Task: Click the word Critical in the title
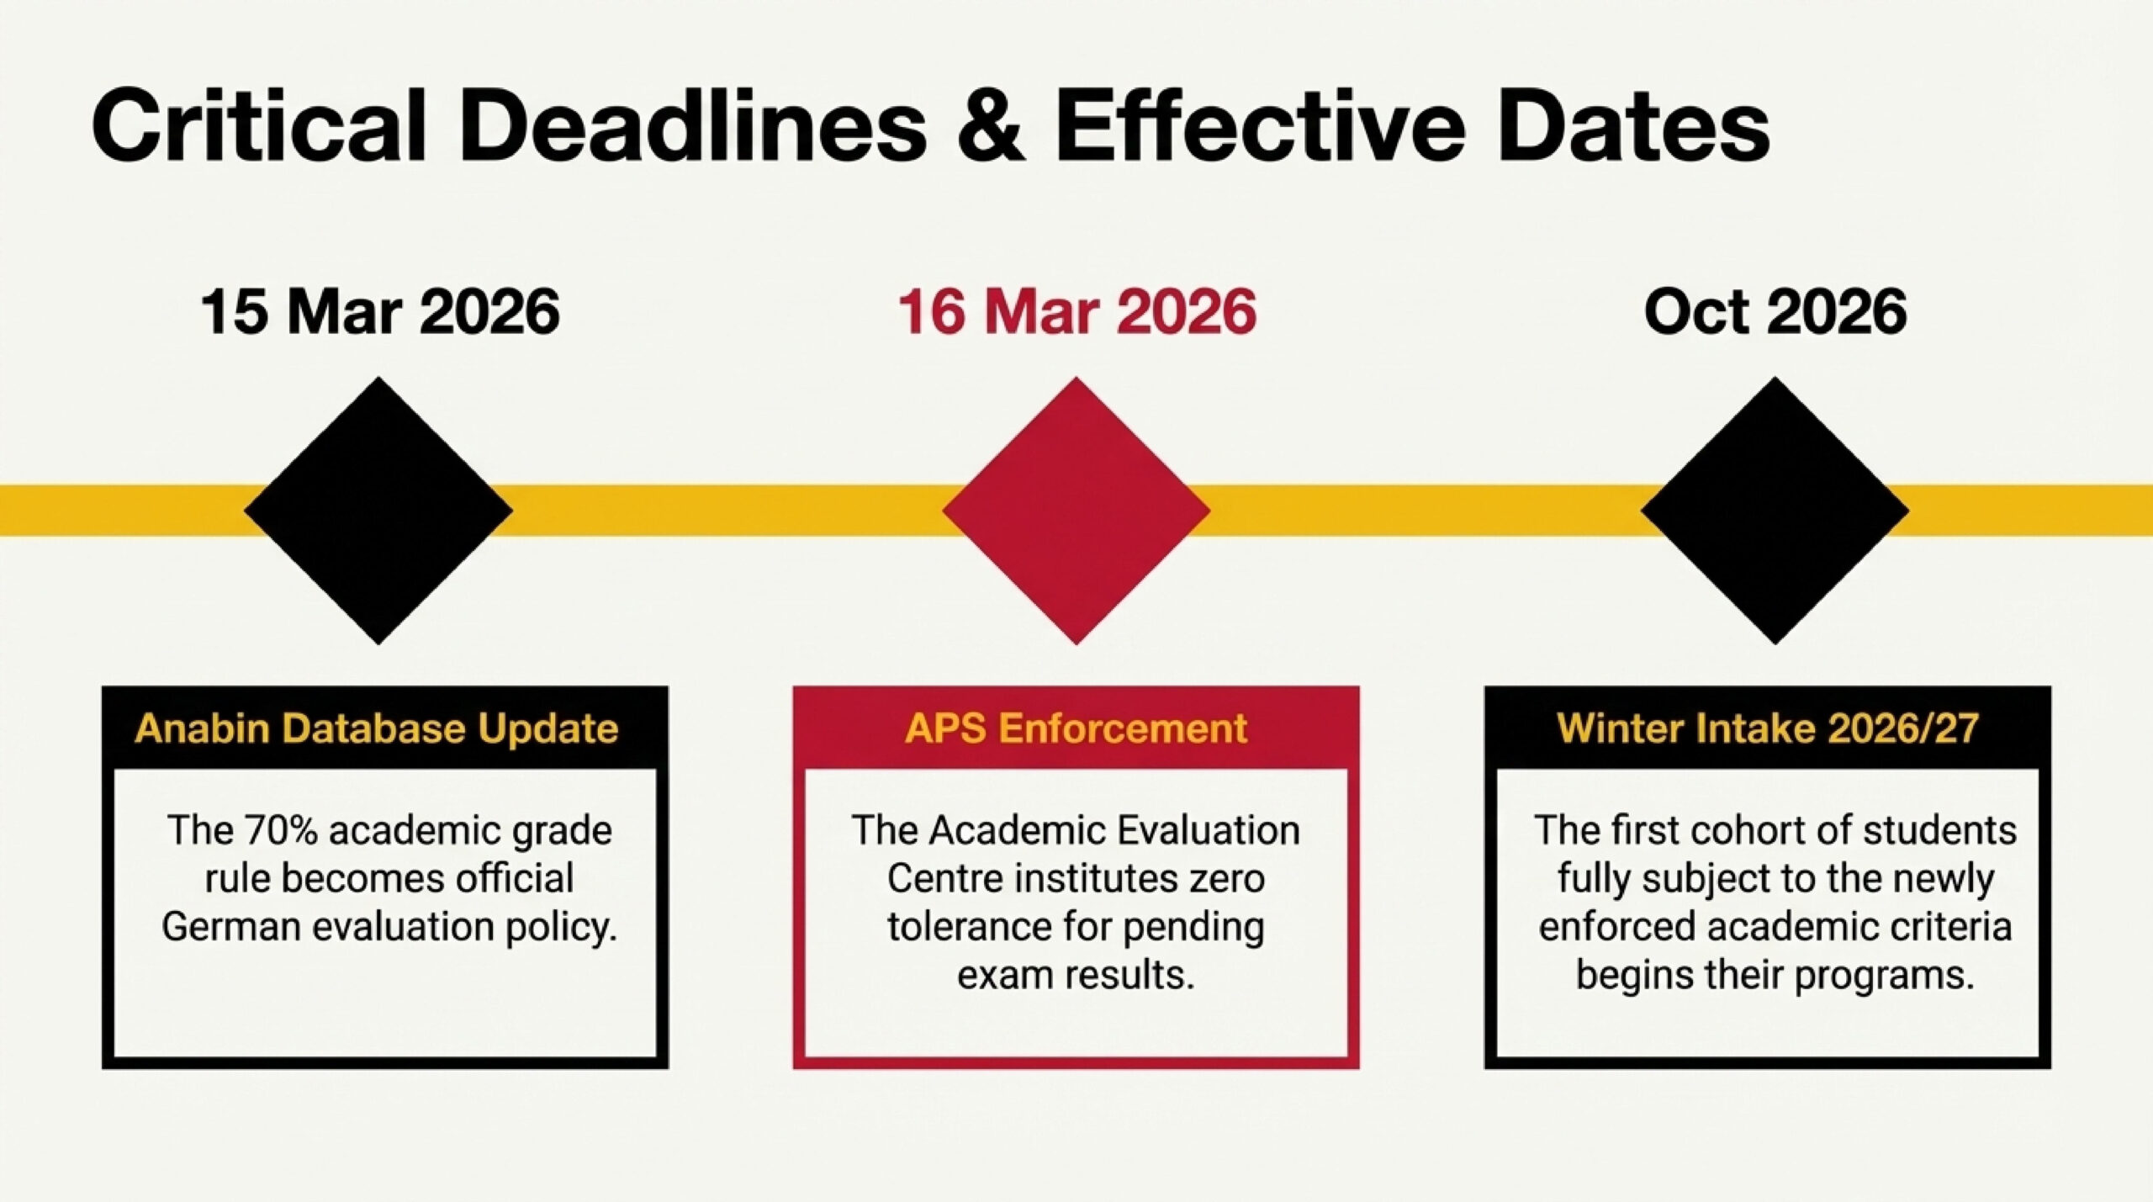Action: pos(258,124)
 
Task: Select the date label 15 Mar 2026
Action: pos(380,312)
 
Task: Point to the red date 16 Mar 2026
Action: pos(1077,312)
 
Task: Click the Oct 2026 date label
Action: pos(1775,312)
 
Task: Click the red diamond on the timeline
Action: pos(1076,511)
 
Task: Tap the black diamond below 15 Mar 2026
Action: pos(378,511)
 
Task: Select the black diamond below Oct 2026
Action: pos(1775,511)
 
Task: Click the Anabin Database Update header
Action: pos(377,728)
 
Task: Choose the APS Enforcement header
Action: pos(1076,728)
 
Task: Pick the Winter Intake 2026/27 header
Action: pos(1768,728)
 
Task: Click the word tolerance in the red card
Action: pos(969,927)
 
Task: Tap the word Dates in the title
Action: pos(1633,124)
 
